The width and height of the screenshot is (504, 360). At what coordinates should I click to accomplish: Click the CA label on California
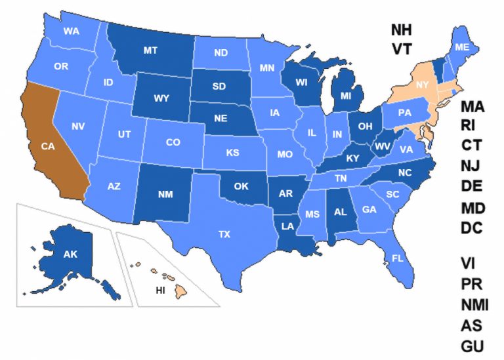(47, 147)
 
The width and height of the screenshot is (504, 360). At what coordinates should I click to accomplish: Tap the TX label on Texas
(224, 233)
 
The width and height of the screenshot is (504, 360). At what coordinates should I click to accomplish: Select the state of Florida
(398, 258)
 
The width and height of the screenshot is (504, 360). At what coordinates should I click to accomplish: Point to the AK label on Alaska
(70, 253)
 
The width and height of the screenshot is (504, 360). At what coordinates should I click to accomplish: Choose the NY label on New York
(422, 85)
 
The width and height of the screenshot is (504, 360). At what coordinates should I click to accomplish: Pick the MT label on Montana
(150, 49)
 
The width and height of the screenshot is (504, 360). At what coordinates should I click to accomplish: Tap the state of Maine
(462, 47)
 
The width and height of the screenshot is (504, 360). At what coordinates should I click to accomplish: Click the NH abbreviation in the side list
(404, 30)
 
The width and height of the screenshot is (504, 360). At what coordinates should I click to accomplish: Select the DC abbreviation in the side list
(472, 228)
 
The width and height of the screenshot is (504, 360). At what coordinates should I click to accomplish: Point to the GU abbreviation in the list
(472, 346)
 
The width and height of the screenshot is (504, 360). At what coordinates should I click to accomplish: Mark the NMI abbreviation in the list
(474, 304)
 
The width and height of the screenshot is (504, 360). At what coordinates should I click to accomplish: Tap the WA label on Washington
(72, 31)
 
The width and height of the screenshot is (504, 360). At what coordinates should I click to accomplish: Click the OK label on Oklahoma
(241, 186)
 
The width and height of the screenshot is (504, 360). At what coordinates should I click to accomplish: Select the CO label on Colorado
(173, 142)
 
